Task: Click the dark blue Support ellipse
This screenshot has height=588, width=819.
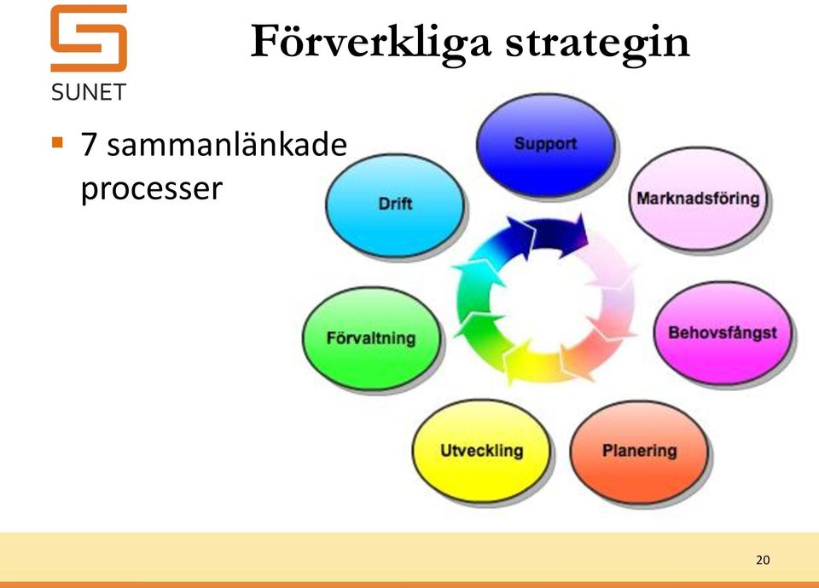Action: [x=546, y=146]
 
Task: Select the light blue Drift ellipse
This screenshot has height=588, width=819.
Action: [x=395, y=205]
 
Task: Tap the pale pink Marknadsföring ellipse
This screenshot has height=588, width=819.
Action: [x=699, y=199]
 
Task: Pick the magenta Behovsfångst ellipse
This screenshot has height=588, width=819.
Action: [x=723, y=333]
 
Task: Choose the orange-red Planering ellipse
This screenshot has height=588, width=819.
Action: [x=639, y=452]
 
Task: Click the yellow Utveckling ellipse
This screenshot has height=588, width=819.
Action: [x=481, y=452]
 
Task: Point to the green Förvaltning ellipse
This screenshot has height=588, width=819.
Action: [x=371, y=338]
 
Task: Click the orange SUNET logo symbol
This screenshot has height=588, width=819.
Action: [x=89, y=38]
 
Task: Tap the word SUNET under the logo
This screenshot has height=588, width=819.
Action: [x=89, y=92]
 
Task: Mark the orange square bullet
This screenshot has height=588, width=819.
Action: [x=57, y=142]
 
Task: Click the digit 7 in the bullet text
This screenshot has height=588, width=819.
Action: [x=89, y=145]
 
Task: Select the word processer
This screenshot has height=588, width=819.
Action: [x=152, y=189]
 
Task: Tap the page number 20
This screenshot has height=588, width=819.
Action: [x=763, y=560]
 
